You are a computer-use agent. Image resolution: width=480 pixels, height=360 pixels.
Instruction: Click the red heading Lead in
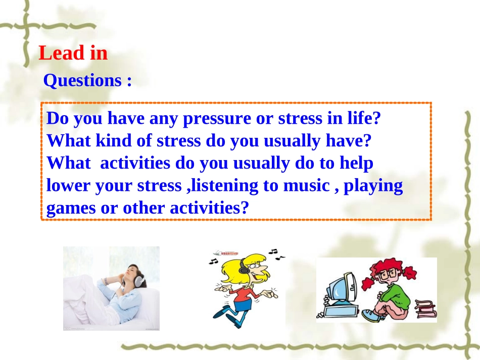coord(73,53)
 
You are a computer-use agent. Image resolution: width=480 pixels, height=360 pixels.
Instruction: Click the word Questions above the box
coord(83,80)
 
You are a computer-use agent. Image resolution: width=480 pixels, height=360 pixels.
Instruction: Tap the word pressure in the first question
coord(217,118)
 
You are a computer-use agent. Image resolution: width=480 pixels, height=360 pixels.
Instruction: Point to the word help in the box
coord(356,163)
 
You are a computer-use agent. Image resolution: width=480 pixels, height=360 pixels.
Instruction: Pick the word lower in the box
coord(68,186)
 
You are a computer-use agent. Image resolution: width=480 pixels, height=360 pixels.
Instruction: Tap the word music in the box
coord(306,186)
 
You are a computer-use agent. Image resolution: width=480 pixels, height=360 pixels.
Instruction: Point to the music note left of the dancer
coord(213,261)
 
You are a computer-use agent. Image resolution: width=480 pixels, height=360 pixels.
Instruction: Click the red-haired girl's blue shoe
coord(371,315)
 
